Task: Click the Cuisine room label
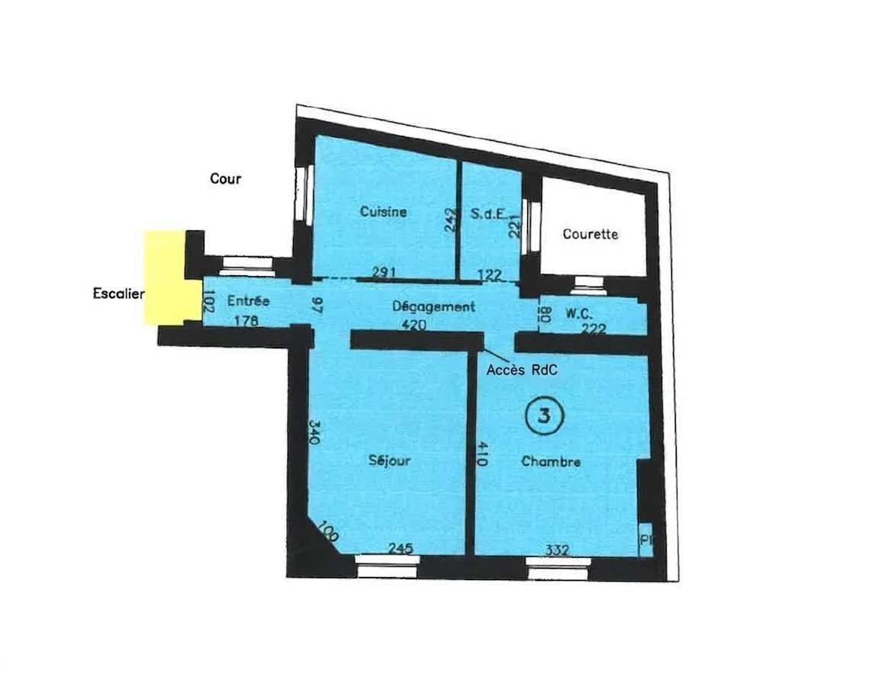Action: pyautogui.click(x=384, y=212)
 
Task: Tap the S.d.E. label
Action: pyautogui.click(x=489, y=214)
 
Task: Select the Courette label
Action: pyautogui.click(x=590, y=234)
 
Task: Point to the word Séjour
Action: pyautogui.click(x=389, y=460)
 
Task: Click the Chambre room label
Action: pyautogui.click(x=552, y=461)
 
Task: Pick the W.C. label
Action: pyautogui.click(x=580, y=313)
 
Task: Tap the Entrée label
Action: pyautogui.click(x=249, y=300)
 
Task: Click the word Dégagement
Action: pyautogui.click(x=433, y=306)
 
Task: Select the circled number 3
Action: pyautogui.click(x=544, y=415)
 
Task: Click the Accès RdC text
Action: pyautogui.click(x=522, y=370)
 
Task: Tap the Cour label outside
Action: pyautogui.click(x=226, y=179)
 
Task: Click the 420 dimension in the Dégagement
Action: pyautogui.click(x=413, y=325)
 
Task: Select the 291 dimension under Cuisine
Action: pyautogui.click(x=384, y=273)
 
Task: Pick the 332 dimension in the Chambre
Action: pyautogui.click(x=558, y=550)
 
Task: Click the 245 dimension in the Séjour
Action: pyautogui.click(x=400, y=548)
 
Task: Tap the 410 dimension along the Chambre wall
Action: pyautogui.click(x=481, y=454)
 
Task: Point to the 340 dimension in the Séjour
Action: pyautogui.click(x=315, y=433)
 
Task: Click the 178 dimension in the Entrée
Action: pyautogui.click(x=246, y=321)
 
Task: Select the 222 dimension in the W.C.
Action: pyautogui.click(x=593, y=329)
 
